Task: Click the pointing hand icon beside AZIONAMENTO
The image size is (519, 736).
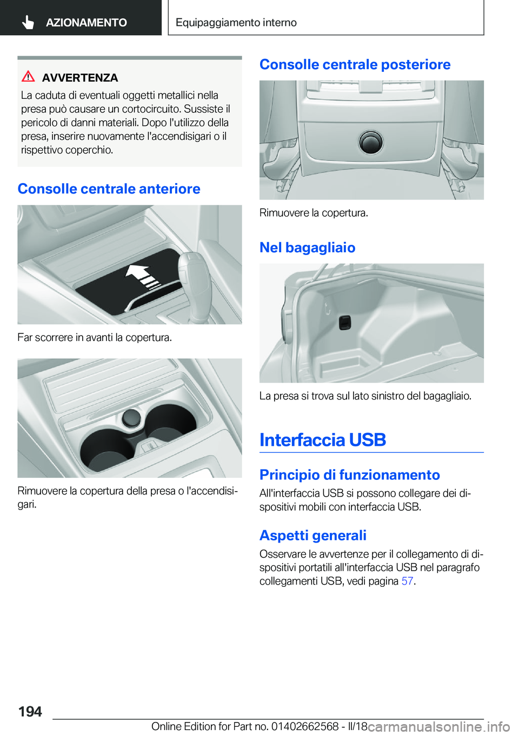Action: click(28, 22)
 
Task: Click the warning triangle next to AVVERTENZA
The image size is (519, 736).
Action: click(28, 77)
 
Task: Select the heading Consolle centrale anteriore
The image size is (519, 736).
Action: click(109, 189)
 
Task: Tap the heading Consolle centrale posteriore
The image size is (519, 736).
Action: click(355, 64)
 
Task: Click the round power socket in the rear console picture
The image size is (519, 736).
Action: click(371, 142)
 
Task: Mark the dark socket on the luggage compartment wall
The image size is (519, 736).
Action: click(345, 323)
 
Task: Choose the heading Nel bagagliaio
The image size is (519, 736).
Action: click(307, 247)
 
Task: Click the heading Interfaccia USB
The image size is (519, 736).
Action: click(322, 440)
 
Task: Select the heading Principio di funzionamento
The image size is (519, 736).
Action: click(349, 474)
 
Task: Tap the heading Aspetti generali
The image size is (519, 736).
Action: click(312, 535)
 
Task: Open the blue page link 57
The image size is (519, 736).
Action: click(407, 581)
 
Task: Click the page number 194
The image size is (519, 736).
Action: click(30, 711)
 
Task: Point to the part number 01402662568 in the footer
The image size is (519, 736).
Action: click(305, 726)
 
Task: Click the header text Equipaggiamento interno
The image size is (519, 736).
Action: click(236, 23)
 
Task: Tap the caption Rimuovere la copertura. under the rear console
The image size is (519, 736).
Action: click(314, 213)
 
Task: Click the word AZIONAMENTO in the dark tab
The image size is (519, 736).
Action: click(86, 23)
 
